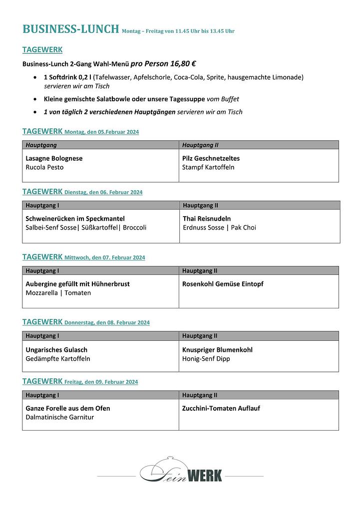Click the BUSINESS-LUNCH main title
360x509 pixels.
[71, 29]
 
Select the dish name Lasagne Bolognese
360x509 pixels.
[54, 158]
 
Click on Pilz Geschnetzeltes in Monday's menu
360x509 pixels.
[211, 158]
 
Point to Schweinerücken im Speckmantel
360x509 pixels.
[75, 219]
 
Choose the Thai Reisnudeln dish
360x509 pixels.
[207, 219]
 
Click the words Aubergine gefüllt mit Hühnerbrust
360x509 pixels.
[77, 284]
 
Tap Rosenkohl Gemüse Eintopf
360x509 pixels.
[223, 284]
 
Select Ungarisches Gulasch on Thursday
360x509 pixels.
[56, 350]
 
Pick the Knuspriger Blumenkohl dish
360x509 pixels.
[217, 350]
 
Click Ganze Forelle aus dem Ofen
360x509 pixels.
[68, 408]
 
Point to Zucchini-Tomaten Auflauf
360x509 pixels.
[221, 408]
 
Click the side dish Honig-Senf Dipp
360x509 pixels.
[206, 359]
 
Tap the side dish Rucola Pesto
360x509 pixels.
[44, 167]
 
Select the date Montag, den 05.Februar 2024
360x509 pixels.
[102, 132]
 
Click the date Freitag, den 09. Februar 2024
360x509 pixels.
[101, 382]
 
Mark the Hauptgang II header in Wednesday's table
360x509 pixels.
[200, 271]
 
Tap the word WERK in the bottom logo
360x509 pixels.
[205, 476]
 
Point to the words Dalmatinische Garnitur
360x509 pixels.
[59, 417]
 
